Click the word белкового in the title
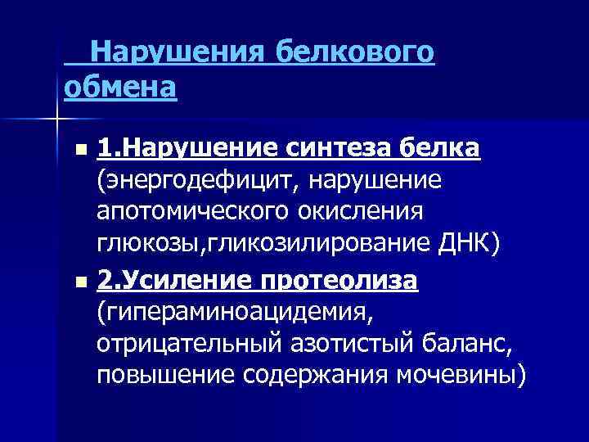(x=354, y=52)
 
